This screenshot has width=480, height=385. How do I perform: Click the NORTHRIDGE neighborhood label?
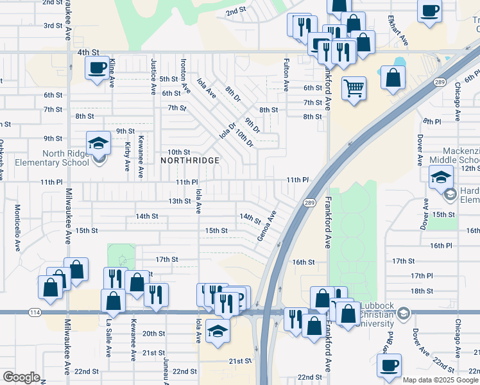point(190,160)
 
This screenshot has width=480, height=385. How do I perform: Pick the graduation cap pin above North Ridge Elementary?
point(98,142)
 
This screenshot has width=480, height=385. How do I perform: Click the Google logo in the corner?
point(21,377)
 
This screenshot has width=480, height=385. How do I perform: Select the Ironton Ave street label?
point(184,76)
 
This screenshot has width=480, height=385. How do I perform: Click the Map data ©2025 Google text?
point(440,380)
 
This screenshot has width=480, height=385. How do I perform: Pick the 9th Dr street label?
point(252,124)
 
